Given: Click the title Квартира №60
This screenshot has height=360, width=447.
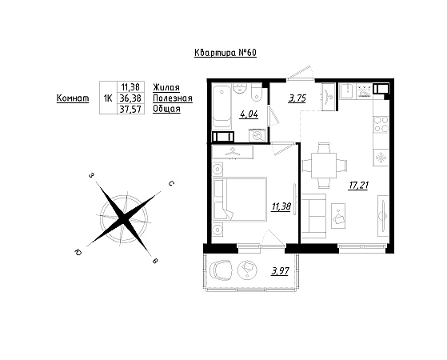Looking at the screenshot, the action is point(225,53).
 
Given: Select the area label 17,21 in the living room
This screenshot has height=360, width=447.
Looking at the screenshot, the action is point(358,186).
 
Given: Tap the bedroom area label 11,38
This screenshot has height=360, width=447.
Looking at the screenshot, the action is point(281,206).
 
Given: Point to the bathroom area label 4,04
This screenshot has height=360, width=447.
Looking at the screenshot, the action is point(249,114).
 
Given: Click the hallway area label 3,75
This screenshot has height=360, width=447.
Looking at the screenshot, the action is point(297,98).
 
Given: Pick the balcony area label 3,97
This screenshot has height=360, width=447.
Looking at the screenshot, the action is point(280,271).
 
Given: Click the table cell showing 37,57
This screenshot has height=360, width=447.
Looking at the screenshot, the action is point(130,109).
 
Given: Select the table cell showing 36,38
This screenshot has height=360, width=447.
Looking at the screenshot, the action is point(130,98).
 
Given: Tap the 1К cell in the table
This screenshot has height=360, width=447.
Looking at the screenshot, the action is point(108,98).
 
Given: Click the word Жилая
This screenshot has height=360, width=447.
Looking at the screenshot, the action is point(166,87).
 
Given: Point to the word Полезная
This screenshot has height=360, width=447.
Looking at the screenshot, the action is point(173,98).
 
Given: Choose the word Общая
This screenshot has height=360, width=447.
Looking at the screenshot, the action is point(167,109).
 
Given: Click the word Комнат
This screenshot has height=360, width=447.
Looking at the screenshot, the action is point(73,98).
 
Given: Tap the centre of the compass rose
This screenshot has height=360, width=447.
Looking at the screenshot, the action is point(124,218).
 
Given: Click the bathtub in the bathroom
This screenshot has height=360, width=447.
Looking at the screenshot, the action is point(222,106).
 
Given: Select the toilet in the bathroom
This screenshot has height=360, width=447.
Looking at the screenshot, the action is point(257,93).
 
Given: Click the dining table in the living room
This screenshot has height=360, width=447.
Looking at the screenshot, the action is point(324,166).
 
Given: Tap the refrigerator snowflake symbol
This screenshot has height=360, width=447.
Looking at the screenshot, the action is point(381,158).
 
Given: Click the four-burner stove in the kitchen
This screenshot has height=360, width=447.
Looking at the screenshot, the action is point(381,124).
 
